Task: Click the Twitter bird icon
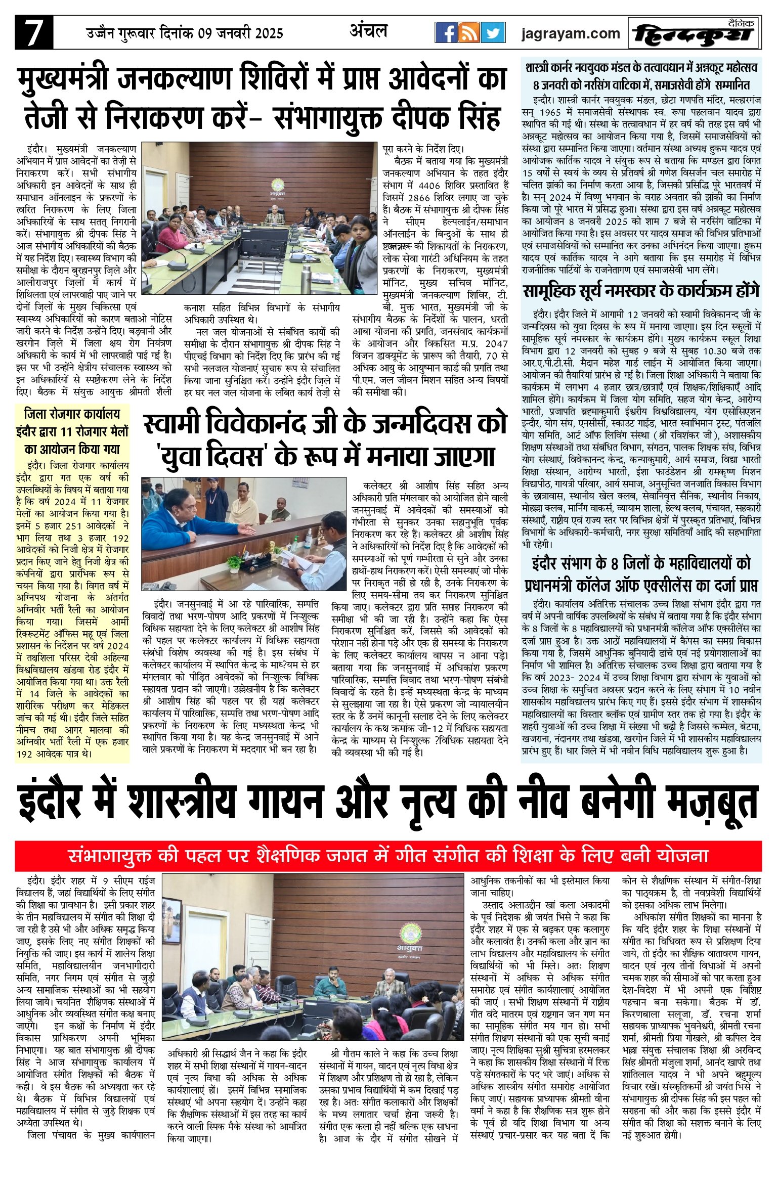coord(493,33)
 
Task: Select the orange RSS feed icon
coord(469,33)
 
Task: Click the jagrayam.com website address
coord(571,33)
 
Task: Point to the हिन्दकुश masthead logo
coord(694,34)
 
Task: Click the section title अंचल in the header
coord(368,31)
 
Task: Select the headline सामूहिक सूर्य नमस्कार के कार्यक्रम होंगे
coord(641,291)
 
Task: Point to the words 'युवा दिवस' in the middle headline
coord(212,456)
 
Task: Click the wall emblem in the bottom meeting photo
coord(411,935)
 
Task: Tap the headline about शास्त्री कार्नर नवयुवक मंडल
coord(641,75)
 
